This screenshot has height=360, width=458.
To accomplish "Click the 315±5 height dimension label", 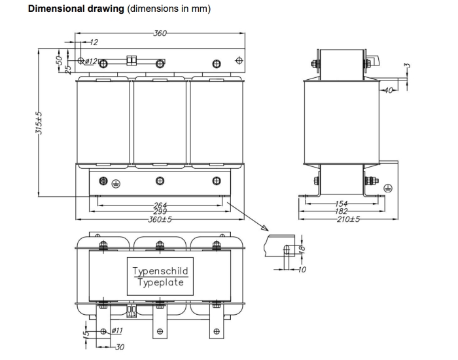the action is (x=39, y=123).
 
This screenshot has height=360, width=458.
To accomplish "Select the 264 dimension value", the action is (x=160, y=206).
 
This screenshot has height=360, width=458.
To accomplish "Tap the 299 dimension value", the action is (x=160, y=211).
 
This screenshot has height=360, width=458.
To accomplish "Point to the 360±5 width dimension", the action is (x=160, y=219).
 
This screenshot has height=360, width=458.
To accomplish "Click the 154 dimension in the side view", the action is (x=341, y=204).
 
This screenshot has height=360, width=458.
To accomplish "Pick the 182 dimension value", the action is (x=341, y=211).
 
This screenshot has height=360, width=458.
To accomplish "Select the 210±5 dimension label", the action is (x=348, y=219).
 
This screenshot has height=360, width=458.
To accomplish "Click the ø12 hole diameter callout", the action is (x=91, y=62).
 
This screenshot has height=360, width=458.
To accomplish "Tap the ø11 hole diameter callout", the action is (x=117, y=331).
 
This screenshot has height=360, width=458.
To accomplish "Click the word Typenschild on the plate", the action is (x=160, y=271).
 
